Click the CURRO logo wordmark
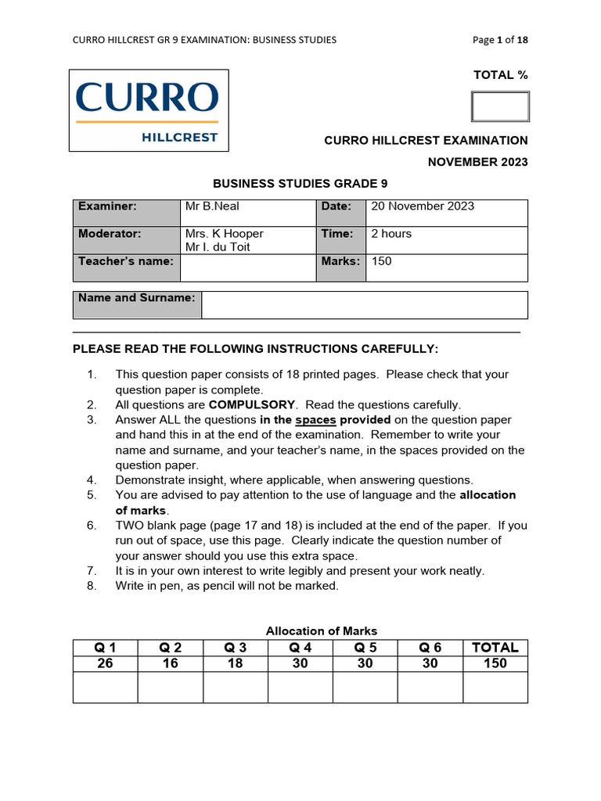click(x=147, y=99)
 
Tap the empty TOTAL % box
click(x=499, y=106)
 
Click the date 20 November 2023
click(x=422, y=207)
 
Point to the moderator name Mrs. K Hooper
click(x=224, y=234)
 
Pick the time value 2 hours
click(x=390, y=234)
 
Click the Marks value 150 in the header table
click(x=381, y=261)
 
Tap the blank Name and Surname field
click(x=364, y=305)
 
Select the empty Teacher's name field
click(x=247, y=268)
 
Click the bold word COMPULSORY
click(x=252, y=405)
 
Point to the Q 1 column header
click(x=105, y=647)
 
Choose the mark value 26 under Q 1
click(x=105, y=663)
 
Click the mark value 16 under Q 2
click(x=170, y=663)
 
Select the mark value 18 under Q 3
click(x=235, y=663)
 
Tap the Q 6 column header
click(x=430, y=647)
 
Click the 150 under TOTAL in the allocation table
click(x=495, y=663)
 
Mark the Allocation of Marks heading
click(x=321, y=630)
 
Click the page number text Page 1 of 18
click(x=505, y=40)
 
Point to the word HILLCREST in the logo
click(x=179, y=138)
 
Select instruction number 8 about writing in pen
click(x=227, y=586)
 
